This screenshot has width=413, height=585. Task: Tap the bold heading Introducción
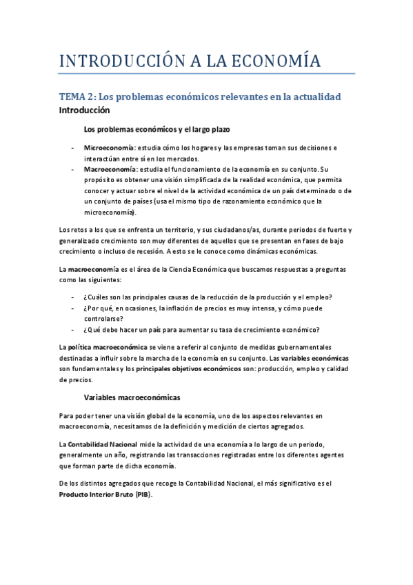click(85, 110)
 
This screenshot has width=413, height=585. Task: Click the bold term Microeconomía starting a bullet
click(109, 148)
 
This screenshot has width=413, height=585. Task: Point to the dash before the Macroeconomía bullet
click(72, 169)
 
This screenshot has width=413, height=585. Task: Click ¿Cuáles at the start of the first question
click(98, 297)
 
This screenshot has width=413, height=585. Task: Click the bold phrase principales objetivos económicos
click(188, 370)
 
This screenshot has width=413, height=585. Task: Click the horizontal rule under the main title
click(206, 73)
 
